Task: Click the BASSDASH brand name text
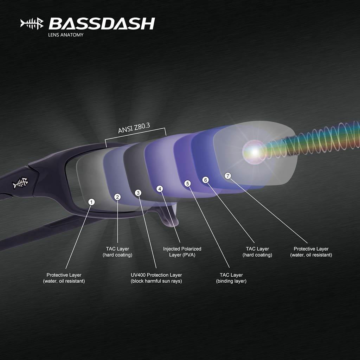102,24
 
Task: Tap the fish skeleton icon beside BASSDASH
32,24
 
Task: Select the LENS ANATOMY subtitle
66,35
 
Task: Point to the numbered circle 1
91,202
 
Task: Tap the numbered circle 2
118,197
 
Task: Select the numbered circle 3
138,193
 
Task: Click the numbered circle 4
160,189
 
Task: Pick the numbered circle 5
187,184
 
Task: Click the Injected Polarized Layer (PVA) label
182,252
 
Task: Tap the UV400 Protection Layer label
156,278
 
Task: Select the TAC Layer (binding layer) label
231,278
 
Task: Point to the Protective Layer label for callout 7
311,252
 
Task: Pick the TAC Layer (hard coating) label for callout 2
117,252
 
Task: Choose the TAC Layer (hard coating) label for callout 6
257,252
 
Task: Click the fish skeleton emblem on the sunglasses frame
20,183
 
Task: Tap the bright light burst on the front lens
254,150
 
